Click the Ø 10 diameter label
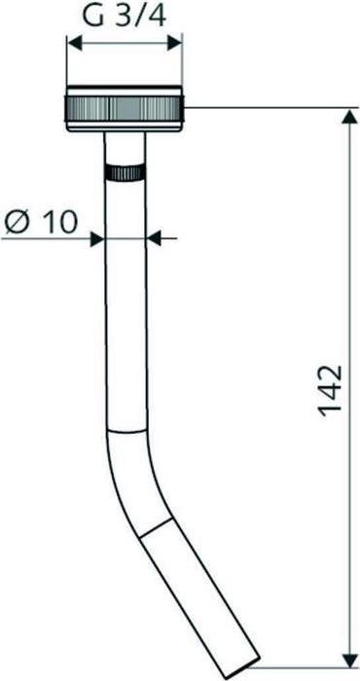coord(41,222)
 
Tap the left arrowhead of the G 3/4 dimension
coord(75,43)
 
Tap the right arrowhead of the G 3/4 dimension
coord(174,43)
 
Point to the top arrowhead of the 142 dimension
coord(348,118)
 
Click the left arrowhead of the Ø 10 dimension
coord(97,238)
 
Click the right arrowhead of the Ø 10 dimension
coord(154,238)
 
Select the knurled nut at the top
coord(125,109)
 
